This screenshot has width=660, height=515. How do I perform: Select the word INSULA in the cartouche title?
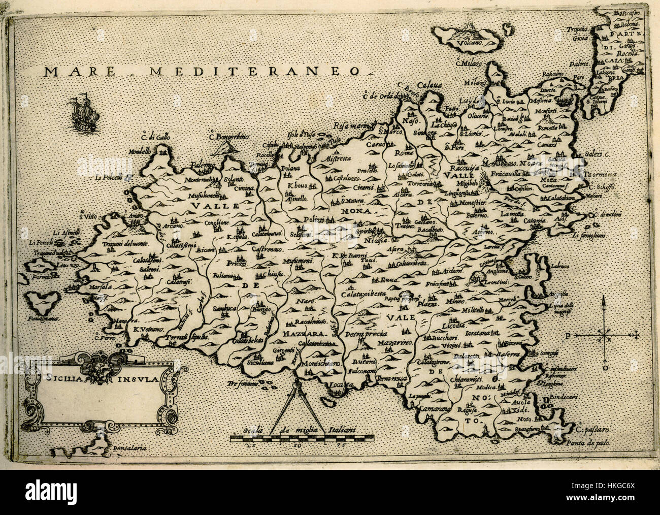135,378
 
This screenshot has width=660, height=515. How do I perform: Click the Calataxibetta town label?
365,293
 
